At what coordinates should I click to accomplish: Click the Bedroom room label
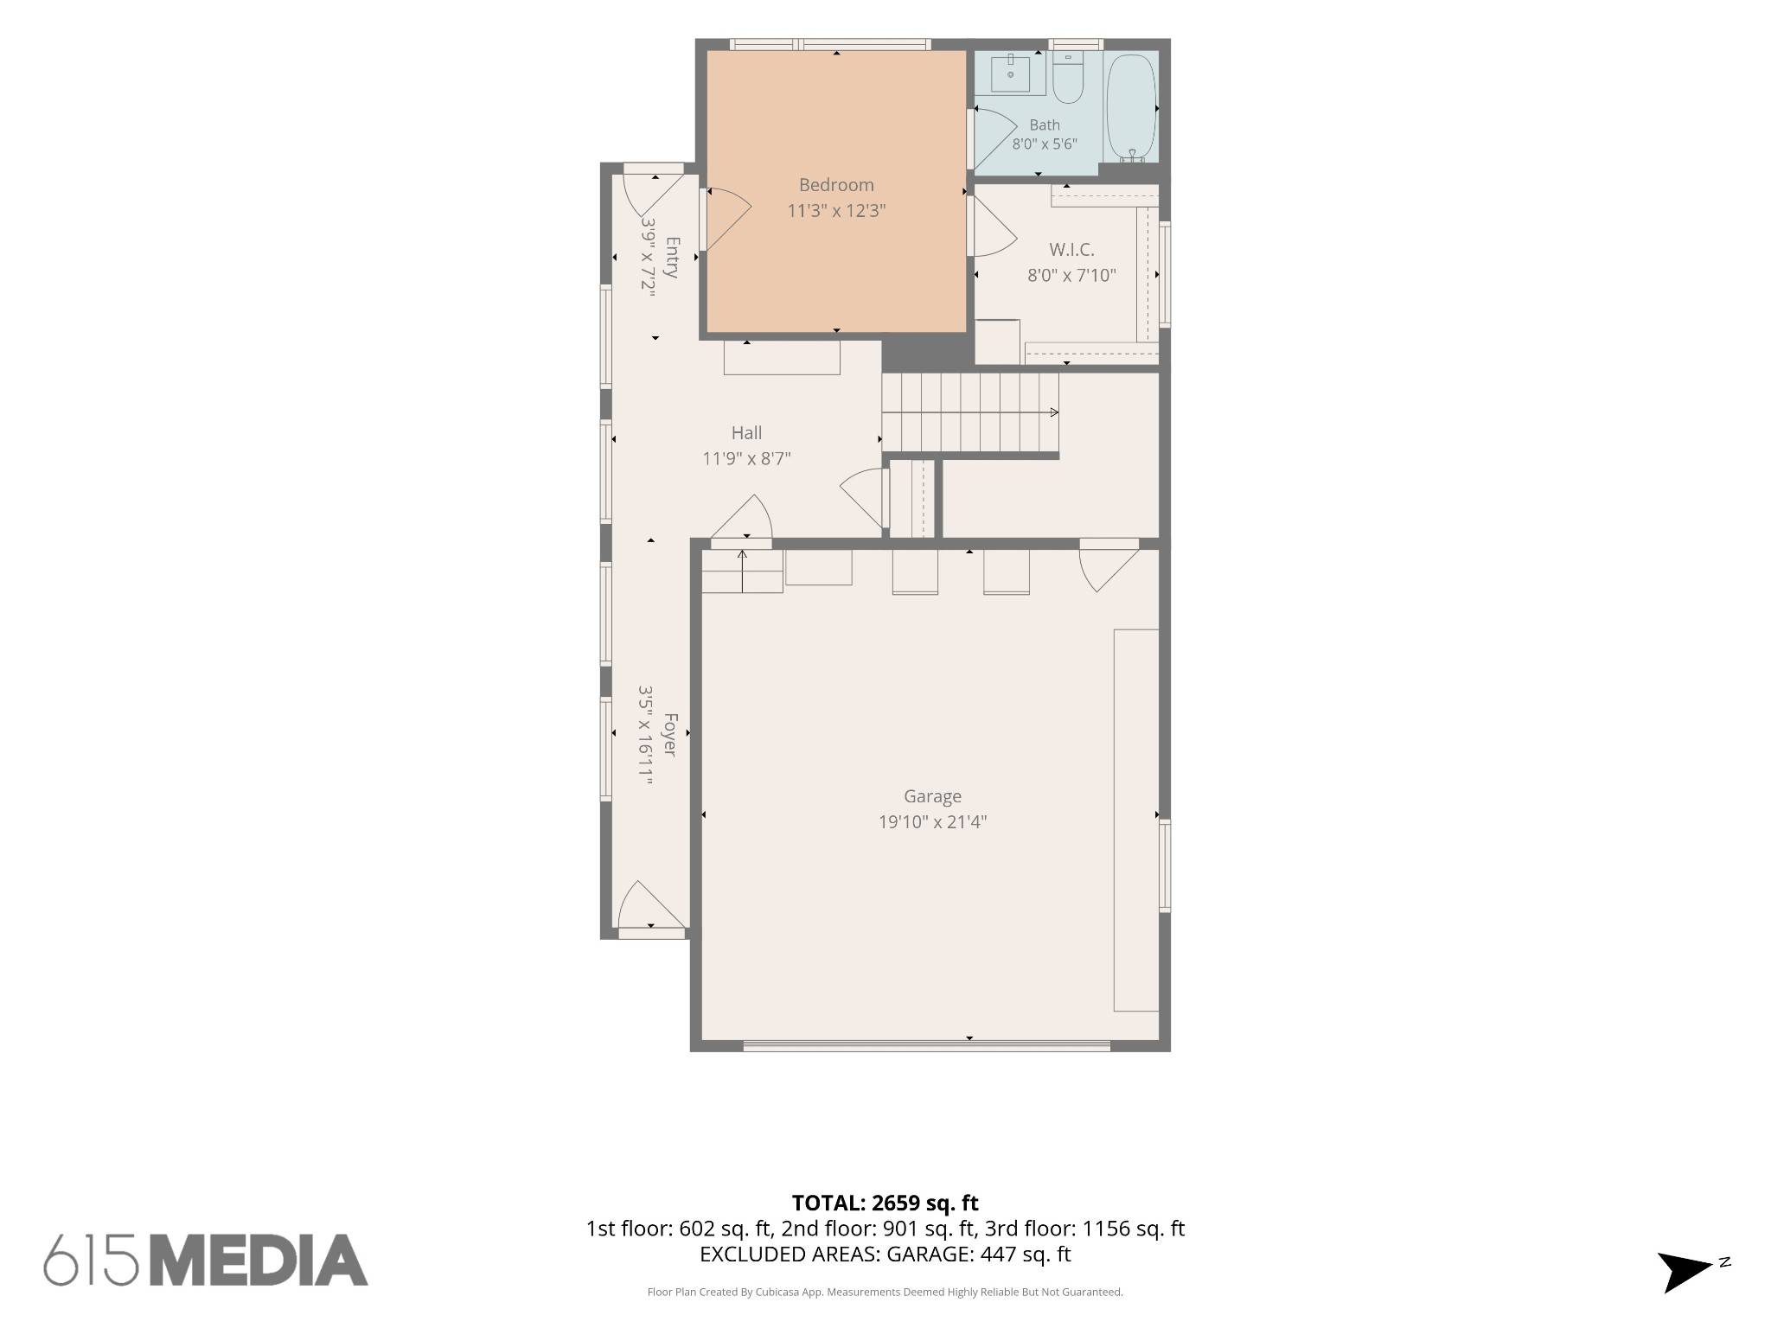[836, 185]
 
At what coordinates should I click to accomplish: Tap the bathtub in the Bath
[1131, 108]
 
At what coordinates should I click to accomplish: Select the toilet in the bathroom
[1068, 77]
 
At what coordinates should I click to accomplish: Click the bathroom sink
[1010, 73]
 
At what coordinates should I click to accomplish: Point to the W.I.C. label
[1071, 250]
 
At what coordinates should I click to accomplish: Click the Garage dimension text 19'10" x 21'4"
[932, 822]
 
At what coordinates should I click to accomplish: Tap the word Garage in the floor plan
[932, 796]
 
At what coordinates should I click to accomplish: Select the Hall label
[746, 433]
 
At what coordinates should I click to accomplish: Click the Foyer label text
[670, 735]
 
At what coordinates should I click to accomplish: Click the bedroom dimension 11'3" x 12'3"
[836, 211]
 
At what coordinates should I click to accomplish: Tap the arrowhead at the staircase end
[1054, 412]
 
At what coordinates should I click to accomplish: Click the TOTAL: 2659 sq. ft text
[885, 1203]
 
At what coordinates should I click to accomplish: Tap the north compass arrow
[1683, 1272]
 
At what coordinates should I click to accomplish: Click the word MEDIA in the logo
[259, 1260]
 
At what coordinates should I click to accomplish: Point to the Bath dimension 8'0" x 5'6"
[1045, 144]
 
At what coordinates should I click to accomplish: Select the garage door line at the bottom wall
[926, 1046]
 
